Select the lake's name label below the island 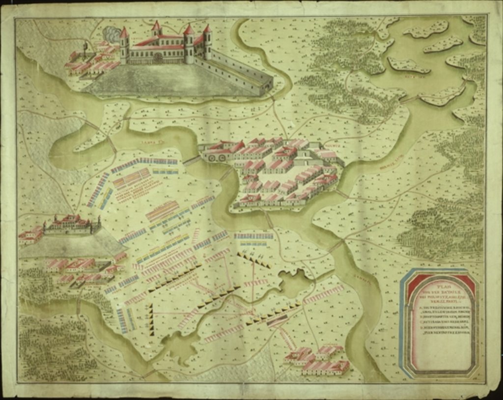pos(409,76)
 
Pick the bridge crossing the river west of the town pos(192,160)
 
